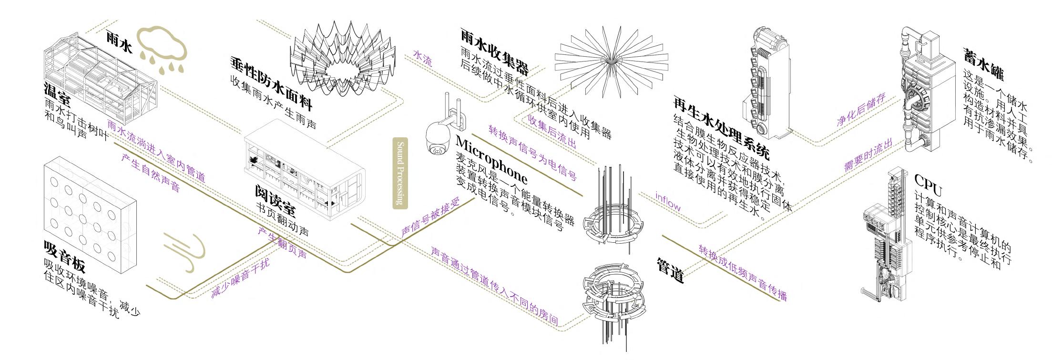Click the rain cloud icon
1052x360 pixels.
pos(161,48)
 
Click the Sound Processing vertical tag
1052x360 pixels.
pos(400,174)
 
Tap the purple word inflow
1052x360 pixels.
pos(667,201)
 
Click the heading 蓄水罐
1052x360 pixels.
pos(983,64)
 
